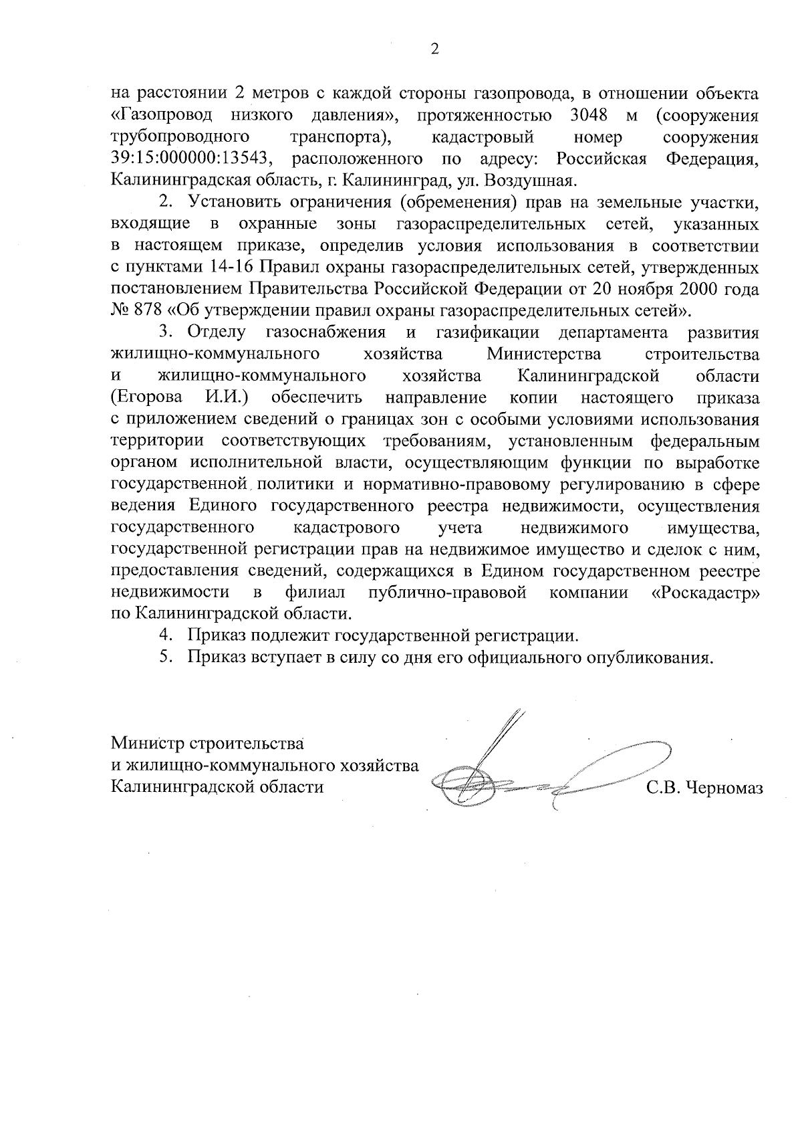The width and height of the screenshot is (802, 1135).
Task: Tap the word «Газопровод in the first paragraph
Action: coord(161,116)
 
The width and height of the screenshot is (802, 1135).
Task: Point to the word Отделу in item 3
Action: coord(217,333)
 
